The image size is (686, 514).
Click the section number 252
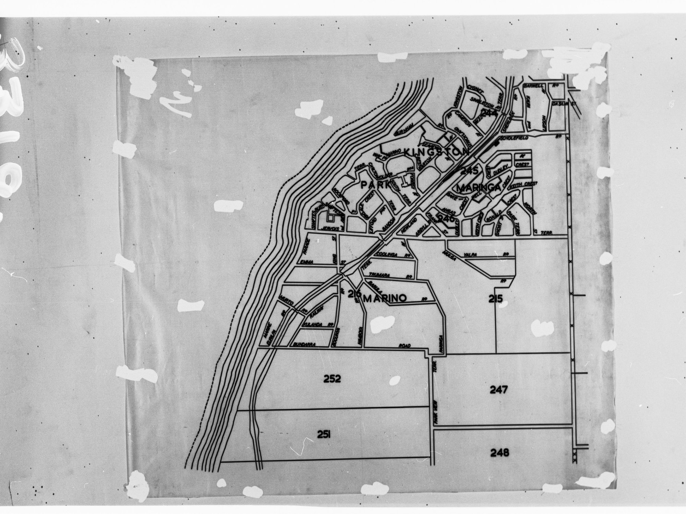pyautogui.click(x=332, y=379)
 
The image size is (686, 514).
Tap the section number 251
pyautogui.click(x=323, y=435)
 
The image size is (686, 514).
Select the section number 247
pyautogui.click(x=498, y=390)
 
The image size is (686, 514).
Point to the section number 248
pyautogui.click(x=499, y=453)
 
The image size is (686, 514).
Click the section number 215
pyautogui.click(x=496, y=299)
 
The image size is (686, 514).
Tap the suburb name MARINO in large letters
pyautogui.click(x=385, y=298)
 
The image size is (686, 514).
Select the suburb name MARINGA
pyautogui.click(x=479, y=188)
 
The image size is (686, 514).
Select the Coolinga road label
pyautogui.click(x=387, y=255)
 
